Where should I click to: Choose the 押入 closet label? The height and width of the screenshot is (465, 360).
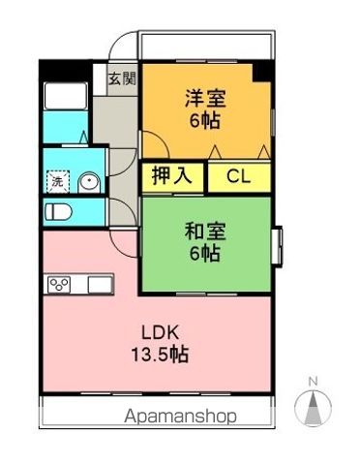pyautogui.click(x=172, y=176)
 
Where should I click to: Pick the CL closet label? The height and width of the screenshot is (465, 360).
pyautogui.click(x=235, y=176)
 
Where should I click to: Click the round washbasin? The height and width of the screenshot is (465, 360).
pyautogui.click(x=88, y=182)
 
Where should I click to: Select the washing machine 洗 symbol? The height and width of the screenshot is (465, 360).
pyautogui.click(x=57, y=181)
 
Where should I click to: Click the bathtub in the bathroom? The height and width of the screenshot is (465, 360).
pyautogui.click(x=64, y=100)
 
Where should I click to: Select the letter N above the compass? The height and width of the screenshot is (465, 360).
pyautogui.click(x=312, y=380)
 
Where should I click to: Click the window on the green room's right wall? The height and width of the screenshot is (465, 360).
pyautogui.click(x=278, y=241)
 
